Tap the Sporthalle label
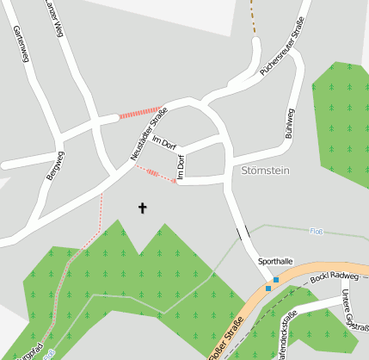pyautogui.click(x=275, y=260)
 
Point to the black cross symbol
pyautogui.click(x=143, y=208)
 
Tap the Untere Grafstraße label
pyautogui.click(x=347, y=311)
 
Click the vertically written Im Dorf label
pyautogui.click(x=181, y=167)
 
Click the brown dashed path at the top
pyautogui.click(x=253, y=17)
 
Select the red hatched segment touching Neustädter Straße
pyautogui.click(x=140, y=112)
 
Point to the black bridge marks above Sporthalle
pyautogui.click(x=243, y=231)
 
